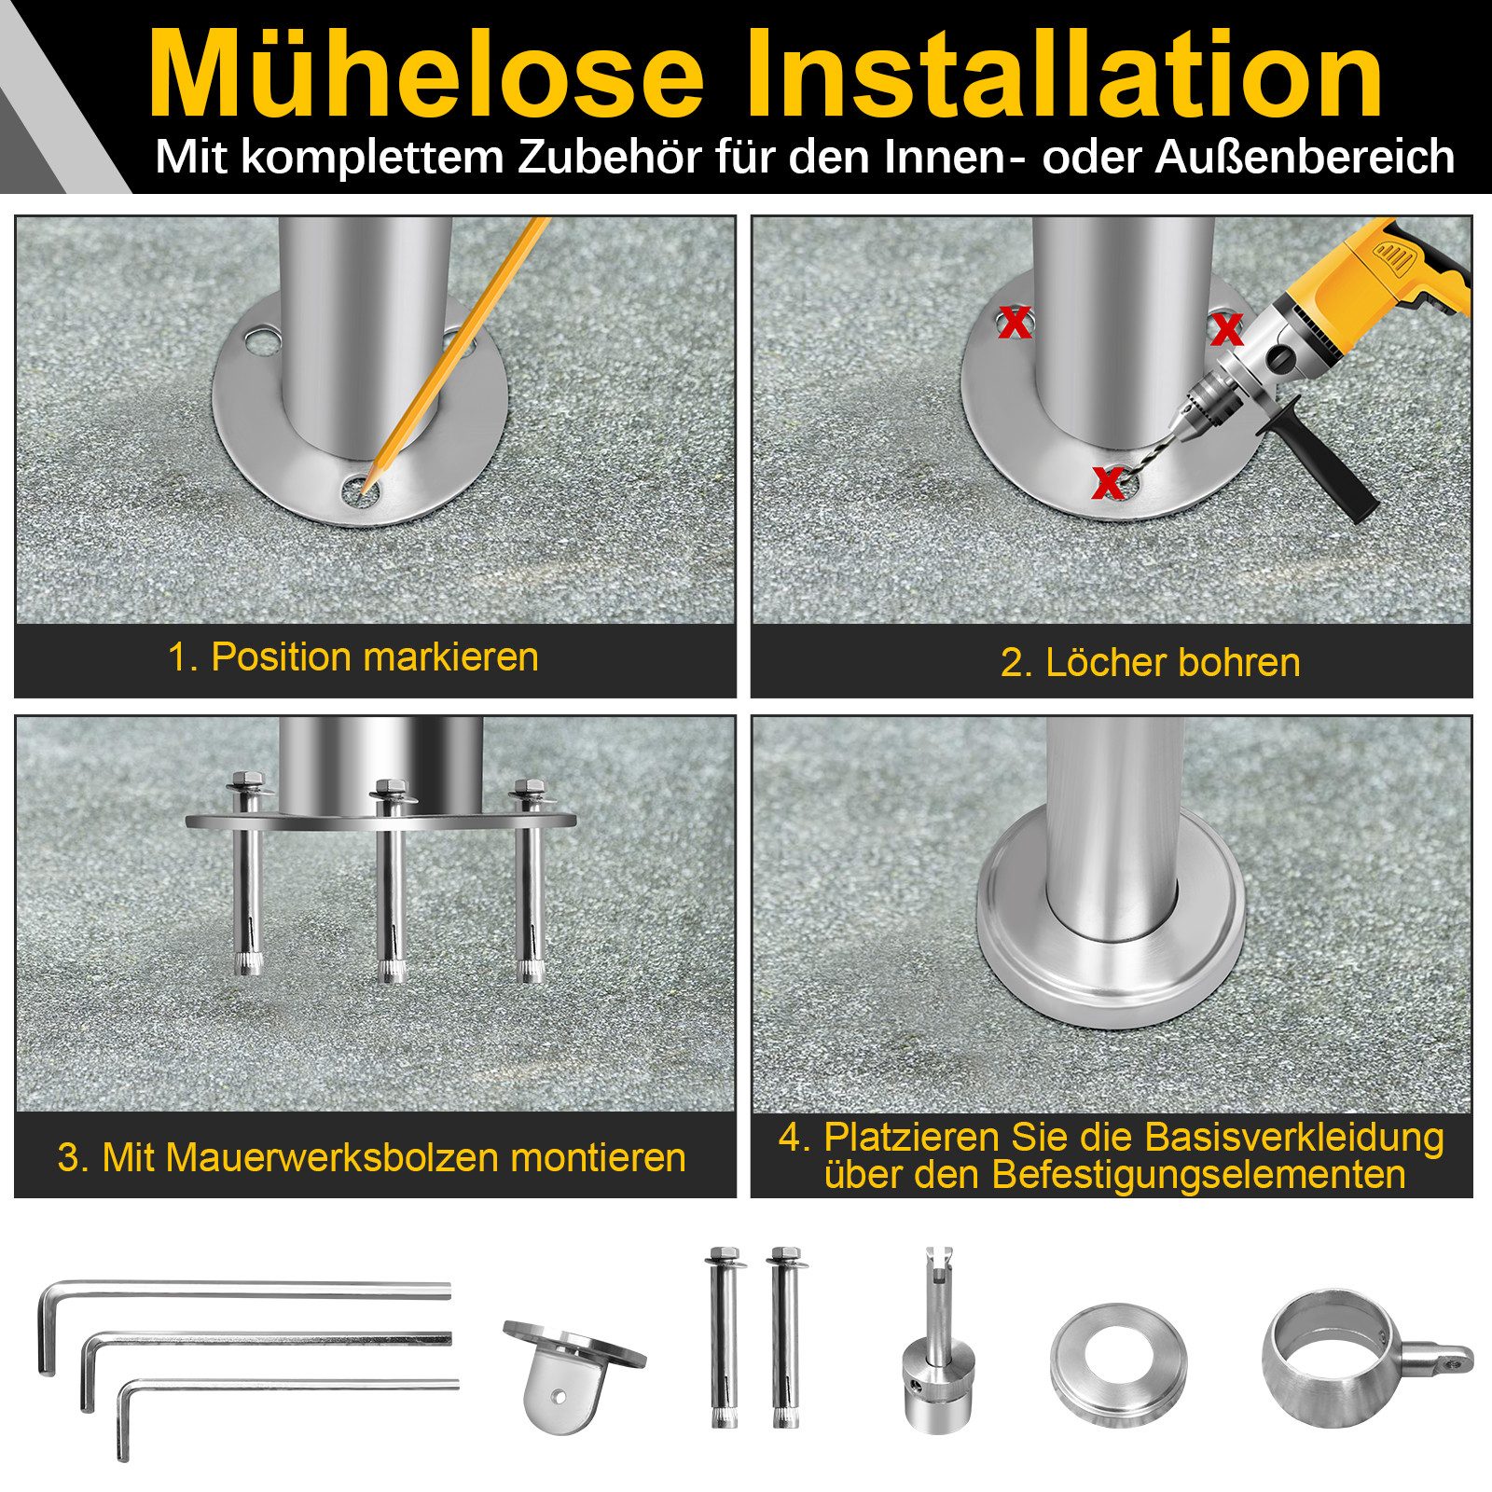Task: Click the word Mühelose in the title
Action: coord(425,75)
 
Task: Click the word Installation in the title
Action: coord(1064,75)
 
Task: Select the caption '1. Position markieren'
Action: coord(352,656)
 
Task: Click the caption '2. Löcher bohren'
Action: coord(1150,662)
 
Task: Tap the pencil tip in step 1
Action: coord(363,489)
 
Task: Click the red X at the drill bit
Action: coord(1108,482)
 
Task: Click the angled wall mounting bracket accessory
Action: coord(569,1371)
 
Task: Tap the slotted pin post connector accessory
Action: coord(936,1343)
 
